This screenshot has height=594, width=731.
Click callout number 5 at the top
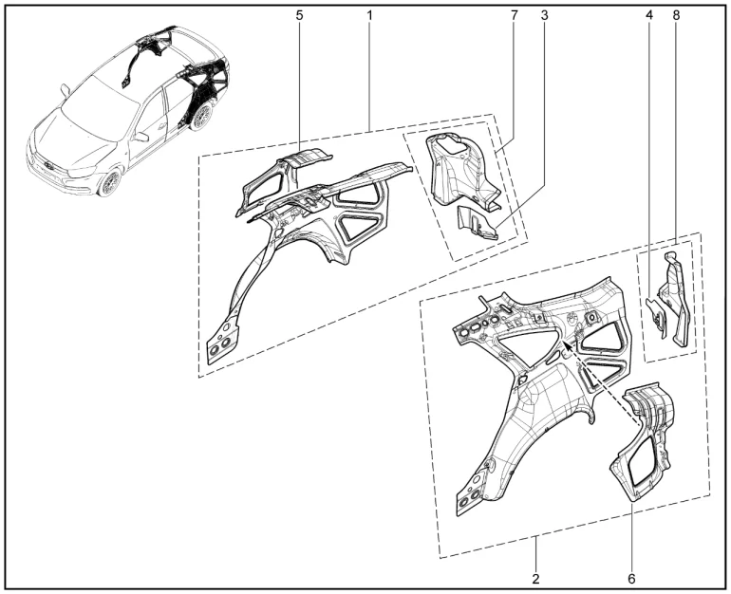299,15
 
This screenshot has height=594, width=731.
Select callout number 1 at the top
369,15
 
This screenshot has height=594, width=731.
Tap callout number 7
515,15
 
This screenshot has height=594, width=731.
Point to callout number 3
545,15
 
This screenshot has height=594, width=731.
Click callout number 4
649,15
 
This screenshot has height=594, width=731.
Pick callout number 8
677,15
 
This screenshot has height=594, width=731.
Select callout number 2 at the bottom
535,579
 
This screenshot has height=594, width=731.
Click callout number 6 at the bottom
631,579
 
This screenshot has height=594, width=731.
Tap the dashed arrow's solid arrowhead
569,345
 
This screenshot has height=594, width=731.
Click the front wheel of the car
110,181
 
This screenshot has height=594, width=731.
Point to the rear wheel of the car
201,117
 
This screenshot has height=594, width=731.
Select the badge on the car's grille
47,166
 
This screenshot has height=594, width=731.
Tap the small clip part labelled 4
657,318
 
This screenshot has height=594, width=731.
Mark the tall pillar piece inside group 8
675,298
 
